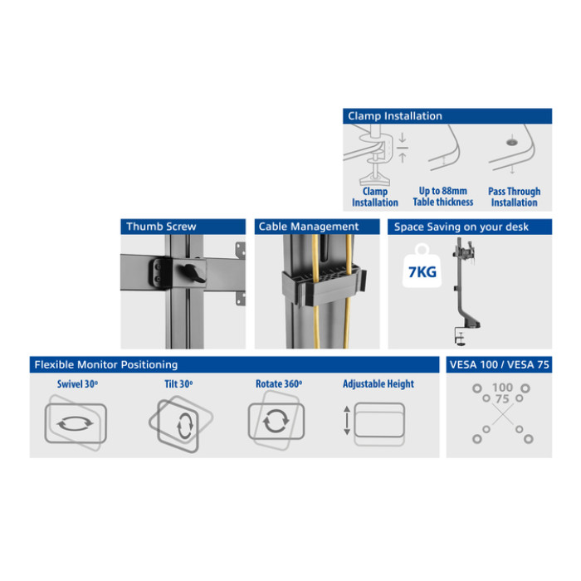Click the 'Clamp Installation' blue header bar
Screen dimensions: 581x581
[447, 116]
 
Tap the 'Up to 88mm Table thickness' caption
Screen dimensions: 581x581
[443, 197]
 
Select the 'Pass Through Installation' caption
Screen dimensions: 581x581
[515, 197]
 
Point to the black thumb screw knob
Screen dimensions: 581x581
[193, 273]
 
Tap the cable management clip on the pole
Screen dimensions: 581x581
[324, 285]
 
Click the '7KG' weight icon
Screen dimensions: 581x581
[422, 266]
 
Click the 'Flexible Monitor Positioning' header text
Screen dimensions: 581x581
[106, 364]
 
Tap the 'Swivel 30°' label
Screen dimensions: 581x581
[77, 383]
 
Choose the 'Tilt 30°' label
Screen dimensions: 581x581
[178, 383]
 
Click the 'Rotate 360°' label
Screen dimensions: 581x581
[279, 383]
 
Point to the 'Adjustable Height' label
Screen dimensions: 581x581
[378, 383]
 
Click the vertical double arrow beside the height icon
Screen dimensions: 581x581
[347, 420]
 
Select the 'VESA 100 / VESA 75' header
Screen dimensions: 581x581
[499, 364]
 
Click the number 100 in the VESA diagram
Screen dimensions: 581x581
[502, 388]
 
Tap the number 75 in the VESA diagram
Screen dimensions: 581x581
[502, 399]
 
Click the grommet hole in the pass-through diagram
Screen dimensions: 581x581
[512, 142]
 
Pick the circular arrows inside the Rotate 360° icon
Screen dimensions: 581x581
[276, 421]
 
